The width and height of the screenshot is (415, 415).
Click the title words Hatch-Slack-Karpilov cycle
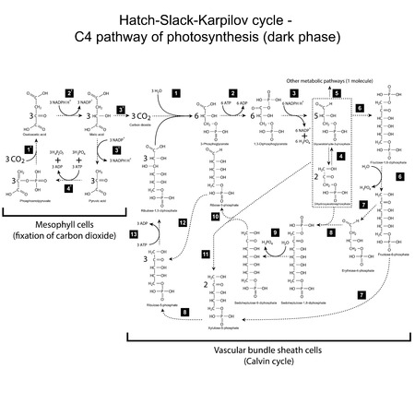click(207, 19)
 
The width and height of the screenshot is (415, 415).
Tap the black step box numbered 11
click(207, 253)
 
